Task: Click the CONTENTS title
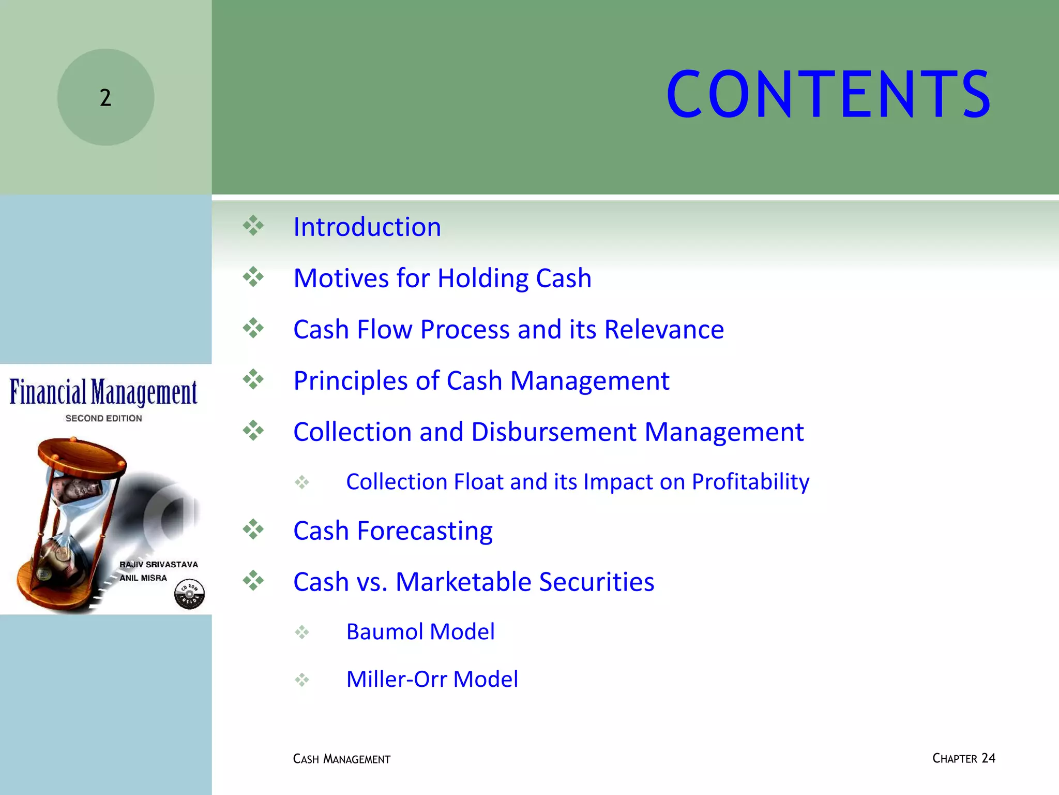(828, 95)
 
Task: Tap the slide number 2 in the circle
(105, 98)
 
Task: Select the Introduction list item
(367, 227)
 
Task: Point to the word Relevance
(664, 329)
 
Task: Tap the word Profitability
(750, 482)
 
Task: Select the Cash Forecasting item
(392, 531)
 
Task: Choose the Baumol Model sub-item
(420, 631)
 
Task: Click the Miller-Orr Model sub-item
(432, 679)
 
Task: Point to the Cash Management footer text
(341, 759)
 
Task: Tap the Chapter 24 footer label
(963, 758)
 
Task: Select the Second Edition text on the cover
(103, 418)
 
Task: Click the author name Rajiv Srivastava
(159, 564)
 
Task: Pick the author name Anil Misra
(143, 578)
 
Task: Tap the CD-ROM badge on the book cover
(189, 594)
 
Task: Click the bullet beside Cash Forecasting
(253, 529)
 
